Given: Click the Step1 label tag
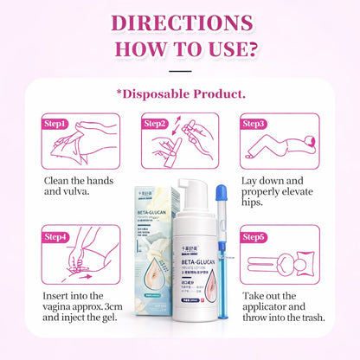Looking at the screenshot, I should [55, 124].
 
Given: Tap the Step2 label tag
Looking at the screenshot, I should [156, 124].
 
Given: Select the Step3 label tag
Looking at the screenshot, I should [254, 124].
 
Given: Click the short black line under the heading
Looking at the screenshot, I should [180, 70].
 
